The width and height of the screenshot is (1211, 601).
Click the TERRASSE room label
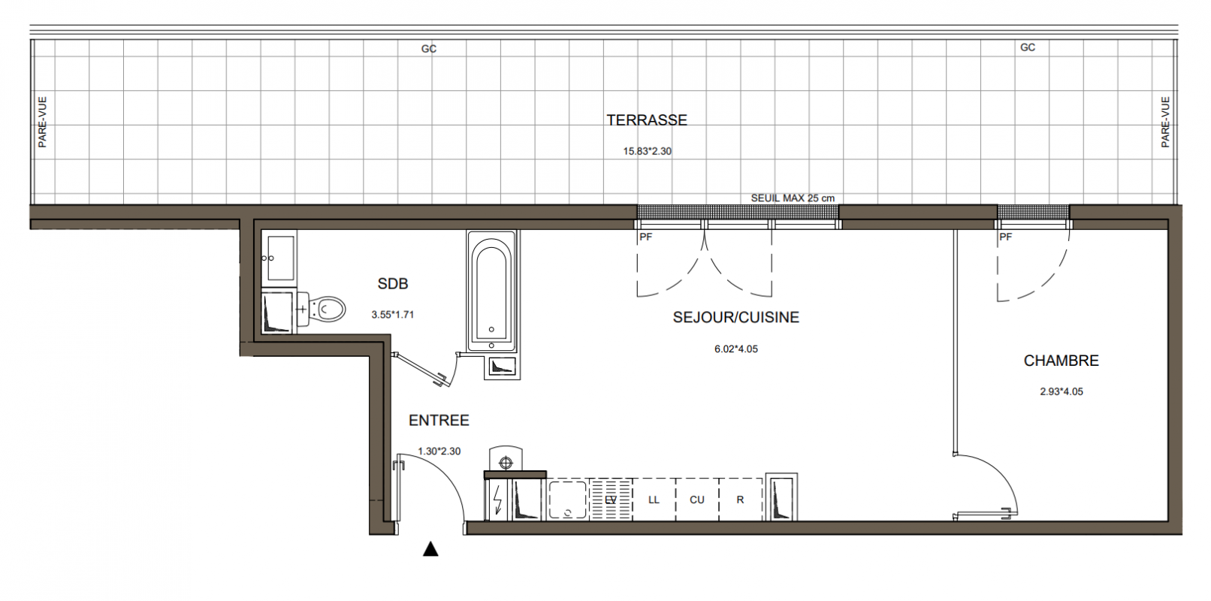point(647,120)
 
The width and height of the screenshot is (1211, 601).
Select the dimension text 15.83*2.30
point(647,151)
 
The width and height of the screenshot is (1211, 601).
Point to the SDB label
point(392,284)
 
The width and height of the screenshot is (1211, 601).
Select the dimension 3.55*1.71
point(392,315)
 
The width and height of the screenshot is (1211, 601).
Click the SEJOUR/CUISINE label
point(735,317)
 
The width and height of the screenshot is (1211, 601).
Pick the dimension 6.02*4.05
point(735,349)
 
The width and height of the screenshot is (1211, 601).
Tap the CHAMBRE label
point(1062,361)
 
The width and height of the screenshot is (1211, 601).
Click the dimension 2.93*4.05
point(1062,392)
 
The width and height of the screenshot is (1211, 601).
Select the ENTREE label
point(439,421)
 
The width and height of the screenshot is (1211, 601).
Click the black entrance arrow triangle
point(430,548)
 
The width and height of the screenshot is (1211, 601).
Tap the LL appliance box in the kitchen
point(654,500)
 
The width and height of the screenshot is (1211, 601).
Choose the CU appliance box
point(697,500)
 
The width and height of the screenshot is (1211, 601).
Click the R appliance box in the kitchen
point(740,500)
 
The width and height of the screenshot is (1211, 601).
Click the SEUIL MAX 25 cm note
point(793,198)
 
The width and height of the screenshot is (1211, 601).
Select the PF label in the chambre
point(1006,237)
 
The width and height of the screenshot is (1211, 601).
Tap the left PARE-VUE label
point(43,122)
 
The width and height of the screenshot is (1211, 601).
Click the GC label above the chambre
point(1028,47)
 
